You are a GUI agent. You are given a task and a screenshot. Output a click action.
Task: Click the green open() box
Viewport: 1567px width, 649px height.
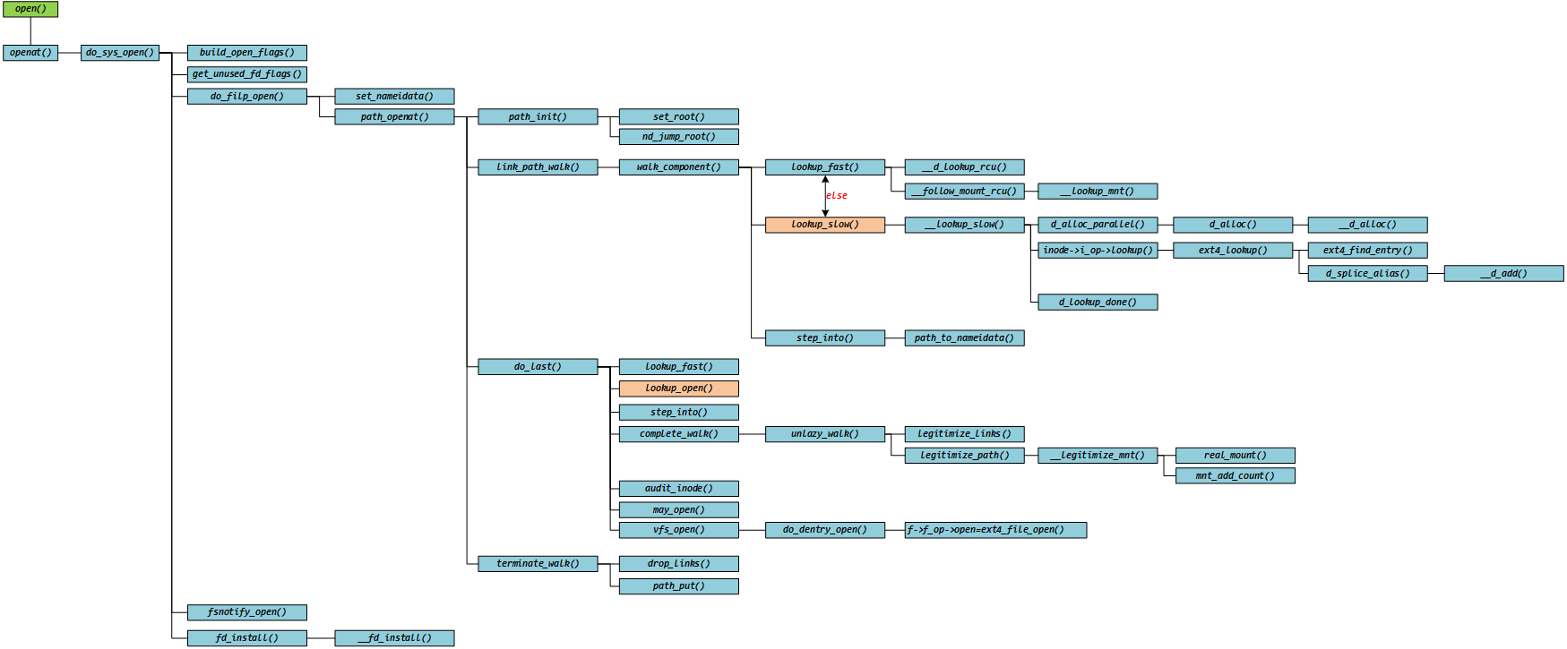coord(30,9)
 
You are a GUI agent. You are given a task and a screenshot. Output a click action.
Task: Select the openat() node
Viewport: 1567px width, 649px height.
coord(30,53)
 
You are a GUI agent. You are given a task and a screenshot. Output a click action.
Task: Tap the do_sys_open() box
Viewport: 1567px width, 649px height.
coord(120,53)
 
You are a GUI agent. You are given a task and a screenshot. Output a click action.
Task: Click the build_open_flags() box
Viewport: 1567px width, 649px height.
coord(246,53)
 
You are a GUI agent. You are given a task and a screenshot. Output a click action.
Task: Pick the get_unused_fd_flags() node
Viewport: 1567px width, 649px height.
coord(246,74)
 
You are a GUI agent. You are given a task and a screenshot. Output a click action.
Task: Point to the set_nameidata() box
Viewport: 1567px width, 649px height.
coord(394,96)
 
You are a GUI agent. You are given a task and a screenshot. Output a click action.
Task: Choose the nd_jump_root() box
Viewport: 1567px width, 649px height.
coord(678,137)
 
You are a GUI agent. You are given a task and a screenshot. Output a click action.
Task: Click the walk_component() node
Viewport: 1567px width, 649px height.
coord(678,167)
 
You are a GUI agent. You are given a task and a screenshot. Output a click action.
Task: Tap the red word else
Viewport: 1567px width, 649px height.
coord(837,195)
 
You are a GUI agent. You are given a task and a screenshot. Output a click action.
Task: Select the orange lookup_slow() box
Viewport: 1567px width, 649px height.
coord(824,225)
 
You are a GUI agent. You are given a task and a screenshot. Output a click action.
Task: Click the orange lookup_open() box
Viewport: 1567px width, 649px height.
coord(678,389)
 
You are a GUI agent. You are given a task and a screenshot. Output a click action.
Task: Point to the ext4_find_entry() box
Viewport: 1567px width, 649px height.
coord(1367,251)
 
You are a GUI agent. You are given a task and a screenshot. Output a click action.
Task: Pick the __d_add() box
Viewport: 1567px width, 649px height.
coord(1503,274)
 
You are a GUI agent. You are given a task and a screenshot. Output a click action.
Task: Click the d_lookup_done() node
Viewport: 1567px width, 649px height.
coord(1097,303)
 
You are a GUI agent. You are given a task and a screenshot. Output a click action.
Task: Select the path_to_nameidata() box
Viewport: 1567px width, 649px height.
coord(964,338)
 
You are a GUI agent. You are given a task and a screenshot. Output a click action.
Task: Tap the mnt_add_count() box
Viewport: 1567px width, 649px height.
coord(1235,476)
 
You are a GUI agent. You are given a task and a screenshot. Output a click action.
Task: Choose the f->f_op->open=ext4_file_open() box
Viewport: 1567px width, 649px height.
coord(995,530)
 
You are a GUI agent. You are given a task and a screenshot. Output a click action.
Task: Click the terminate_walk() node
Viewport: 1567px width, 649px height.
coord(538,564)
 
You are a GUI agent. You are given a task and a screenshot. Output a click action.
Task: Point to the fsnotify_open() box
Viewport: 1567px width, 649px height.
coord(246,612)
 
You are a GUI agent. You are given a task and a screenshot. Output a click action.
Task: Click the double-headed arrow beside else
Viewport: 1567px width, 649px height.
coord(825,196)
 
